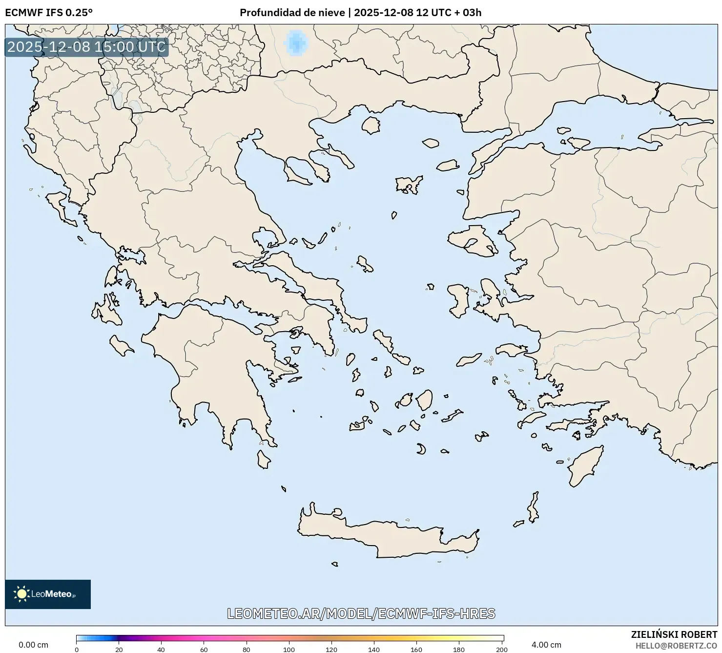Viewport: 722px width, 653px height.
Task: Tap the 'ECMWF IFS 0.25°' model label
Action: (48, 12)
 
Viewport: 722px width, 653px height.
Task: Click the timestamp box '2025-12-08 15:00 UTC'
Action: (86, 47)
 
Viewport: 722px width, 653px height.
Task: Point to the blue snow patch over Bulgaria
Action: (295, 42)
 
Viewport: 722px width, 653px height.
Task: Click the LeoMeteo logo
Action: (48, 594)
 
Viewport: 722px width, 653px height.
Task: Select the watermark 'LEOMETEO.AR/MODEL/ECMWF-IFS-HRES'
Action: (361, 613)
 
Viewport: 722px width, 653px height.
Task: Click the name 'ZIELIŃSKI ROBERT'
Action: (674, 635)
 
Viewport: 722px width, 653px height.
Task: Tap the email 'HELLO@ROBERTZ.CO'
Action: (676, 646)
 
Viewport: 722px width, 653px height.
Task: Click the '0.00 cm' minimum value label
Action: (33, 645)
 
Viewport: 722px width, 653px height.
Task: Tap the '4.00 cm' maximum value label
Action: (546, 645)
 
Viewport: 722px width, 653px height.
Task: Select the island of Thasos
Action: (371, 126)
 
